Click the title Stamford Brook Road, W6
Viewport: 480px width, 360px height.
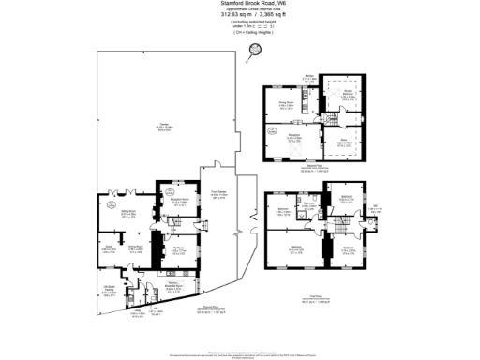pyautogui.click(x=239, y=5)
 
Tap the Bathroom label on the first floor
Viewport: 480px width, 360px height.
pyautogui.click(x=309, y=202)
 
